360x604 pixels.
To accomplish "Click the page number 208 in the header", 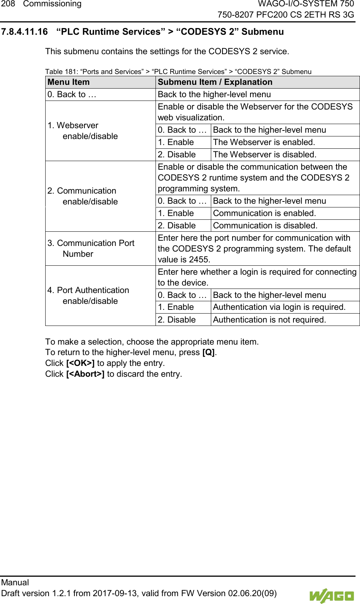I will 8,4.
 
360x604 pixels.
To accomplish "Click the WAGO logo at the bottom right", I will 331,596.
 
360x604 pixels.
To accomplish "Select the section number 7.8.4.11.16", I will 24,32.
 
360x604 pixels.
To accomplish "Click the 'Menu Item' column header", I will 69,82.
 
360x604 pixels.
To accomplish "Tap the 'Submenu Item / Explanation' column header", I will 215,82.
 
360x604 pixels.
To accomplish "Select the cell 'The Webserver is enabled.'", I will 264,142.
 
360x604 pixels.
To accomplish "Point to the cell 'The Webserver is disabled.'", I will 265,155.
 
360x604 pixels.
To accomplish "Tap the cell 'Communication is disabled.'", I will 265,226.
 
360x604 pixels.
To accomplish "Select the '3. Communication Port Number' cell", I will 91,249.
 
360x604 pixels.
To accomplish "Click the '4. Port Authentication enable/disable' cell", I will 88,296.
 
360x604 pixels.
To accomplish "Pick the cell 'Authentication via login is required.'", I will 279,307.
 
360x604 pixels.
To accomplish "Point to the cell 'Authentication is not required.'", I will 269,320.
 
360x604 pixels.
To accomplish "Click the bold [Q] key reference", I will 208,352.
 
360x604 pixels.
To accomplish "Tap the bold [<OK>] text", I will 80,363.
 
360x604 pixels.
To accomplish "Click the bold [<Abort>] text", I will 85,374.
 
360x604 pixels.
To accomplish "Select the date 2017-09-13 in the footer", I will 116,594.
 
